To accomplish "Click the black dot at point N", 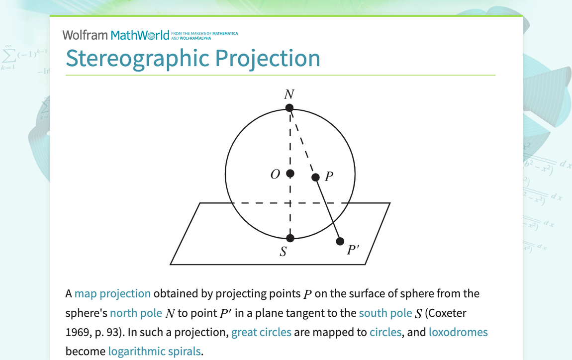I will (289, 108).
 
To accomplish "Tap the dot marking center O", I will (290, 174).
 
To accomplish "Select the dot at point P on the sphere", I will (315, 177).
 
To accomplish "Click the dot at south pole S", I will (290, 238).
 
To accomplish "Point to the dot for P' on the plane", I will (340, 241).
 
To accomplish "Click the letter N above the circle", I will (289, 94).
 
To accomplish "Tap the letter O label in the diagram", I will (275, 174).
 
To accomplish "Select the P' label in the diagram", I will (353, 249).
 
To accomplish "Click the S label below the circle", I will (283, 252).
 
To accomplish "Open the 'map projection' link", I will (112, 293).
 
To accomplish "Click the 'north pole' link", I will (136, 313).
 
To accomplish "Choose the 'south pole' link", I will (385, 313).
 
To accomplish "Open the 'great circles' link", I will (261, 332).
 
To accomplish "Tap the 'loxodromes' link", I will (458, 332).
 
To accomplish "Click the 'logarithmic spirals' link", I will (155, 352).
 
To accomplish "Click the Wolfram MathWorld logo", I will (115, 35).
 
